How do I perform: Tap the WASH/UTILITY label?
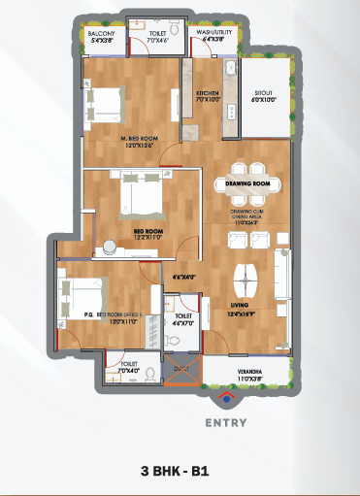point(214,32)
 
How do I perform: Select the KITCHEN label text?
point(209,93)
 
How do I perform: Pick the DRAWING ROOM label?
point(246,182)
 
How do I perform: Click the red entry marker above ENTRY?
point(226,397)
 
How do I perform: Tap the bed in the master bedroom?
point(105,100)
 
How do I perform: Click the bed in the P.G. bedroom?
point(80,294)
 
